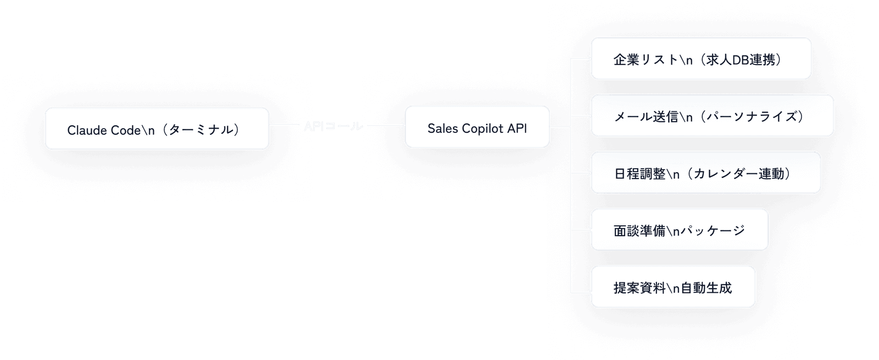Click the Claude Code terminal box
click(x=157, y=129)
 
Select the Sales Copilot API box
click(x=477, y=127)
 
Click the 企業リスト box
click(x=700, y=59)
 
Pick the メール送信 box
click(x=711, y=116)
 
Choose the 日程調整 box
click(x=705, y=173)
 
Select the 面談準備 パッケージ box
click(x=679, y=230)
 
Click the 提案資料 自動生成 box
click(x=672, y=287)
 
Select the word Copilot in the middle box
click(x=482, y=128)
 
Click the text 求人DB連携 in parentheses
click(x=741, y=60)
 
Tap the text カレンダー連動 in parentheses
click(x=738, y=174)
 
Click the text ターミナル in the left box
click(x=200, y=130)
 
